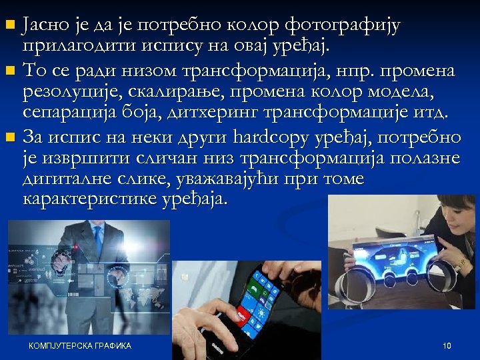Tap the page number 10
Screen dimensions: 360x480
pos(447,345)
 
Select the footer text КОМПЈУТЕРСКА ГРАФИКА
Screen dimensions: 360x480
pos(80,345)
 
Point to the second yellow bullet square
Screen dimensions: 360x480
pos(9,71)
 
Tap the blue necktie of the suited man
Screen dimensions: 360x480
pos(99,239)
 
